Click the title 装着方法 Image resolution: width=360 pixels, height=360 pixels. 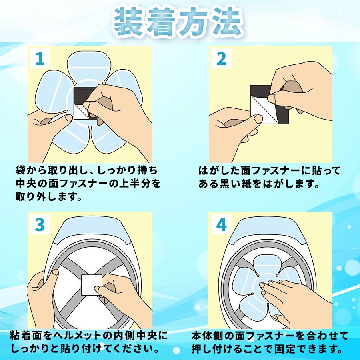pos(178,22)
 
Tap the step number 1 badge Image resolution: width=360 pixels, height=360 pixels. pos(40,58)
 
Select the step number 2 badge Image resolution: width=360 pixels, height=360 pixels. pos(221,58)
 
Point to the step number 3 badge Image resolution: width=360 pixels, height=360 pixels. pos(40,224)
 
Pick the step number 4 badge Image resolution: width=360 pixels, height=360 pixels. pos(221,224)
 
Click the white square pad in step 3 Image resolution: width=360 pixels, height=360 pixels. pos(92,285)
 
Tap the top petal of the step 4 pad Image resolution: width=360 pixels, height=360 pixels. pos(267,264)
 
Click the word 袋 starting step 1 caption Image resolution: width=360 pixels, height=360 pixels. pos(21,170)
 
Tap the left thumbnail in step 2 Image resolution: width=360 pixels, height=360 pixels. pos(258,118)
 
